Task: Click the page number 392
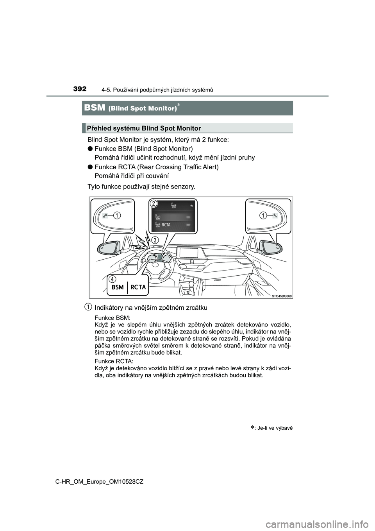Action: pos(80,89)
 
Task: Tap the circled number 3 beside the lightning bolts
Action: pos(155,240)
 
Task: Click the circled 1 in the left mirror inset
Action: pos(116,215)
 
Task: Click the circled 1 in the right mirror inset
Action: pos(263,215)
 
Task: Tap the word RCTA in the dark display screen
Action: pos(166,225)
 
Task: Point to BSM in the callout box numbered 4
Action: pos(118,287)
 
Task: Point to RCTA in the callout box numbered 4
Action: pos(138,287)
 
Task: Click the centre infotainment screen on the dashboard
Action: pos(189,253)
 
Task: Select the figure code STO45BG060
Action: pos(282,296)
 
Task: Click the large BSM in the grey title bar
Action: pos(95,108)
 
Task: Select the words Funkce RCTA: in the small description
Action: pos(114,361)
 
